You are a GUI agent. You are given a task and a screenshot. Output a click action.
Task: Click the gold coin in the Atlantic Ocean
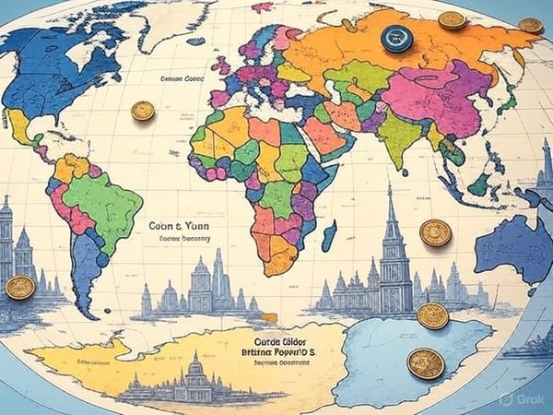143,112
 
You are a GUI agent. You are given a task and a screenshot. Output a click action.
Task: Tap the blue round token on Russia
397,39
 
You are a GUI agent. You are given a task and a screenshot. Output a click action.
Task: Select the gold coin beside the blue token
452,19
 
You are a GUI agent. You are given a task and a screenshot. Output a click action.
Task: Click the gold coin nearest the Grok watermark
426,363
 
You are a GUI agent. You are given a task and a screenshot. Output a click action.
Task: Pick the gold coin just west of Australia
435,232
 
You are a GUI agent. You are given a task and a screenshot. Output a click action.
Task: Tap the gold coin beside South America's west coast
19,288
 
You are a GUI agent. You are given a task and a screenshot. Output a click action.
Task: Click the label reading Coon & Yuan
176,224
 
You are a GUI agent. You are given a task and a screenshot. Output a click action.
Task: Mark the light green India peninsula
398,138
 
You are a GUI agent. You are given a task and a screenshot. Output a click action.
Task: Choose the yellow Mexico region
20,125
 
